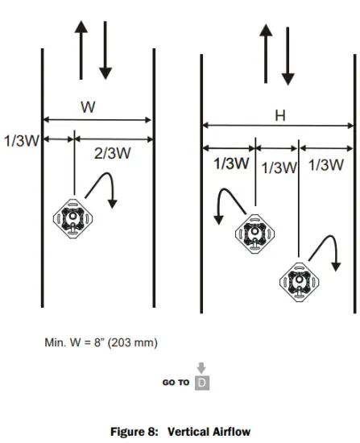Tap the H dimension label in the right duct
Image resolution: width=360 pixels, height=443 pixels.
point(279,115)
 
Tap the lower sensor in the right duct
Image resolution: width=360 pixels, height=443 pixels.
point(299,281)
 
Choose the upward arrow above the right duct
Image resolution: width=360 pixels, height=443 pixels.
point(264,56)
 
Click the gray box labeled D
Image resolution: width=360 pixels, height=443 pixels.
point(203,382)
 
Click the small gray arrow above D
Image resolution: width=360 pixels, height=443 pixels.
point(202,367)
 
